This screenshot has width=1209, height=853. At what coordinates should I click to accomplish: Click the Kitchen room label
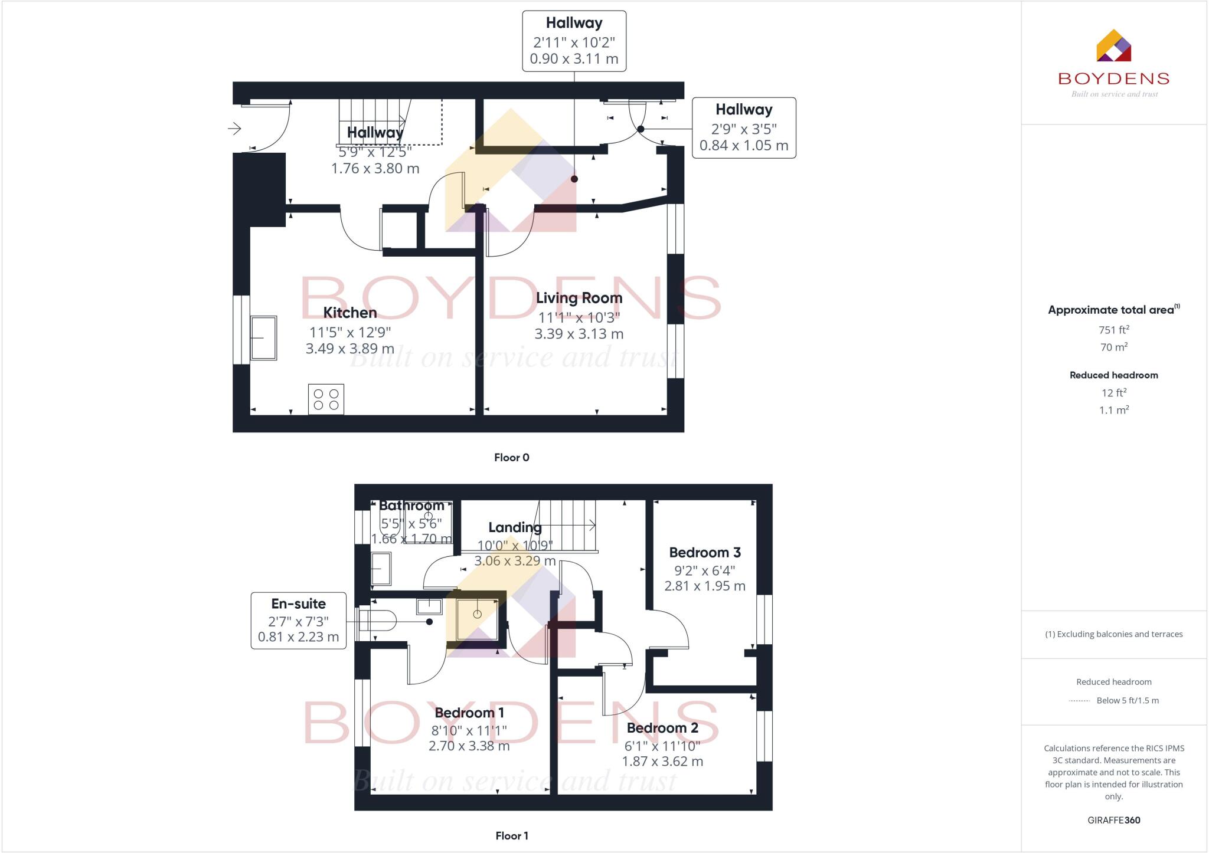(349, 313)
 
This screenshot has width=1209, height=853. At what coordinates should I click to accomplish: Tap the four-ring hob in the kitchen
(326, 399)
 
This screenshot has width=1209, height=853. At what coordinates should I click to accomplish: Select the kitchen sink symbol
(263, 338)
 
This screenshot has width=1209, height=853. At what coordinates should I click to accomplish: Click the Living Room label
(579, 298)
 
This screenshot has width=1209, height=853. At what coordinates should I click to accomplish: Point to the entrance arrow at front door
(234, 128)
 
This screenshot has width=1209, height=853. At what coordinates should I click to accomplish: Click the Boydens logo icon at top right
(1113, 46)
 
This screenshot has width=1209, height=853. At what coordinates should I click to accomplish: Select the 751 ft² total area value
(1113, 330)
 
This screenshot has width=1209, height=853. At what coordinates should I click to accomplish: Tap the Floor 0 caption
(511, 457)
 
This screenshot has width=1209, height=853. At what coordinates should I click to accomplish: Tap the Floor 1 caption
(511, 835)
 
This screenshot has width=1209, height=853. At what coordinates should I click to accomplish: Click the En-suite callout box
(298, 621)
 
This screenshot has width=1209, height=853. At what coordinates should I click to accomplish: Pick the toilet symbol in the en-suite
(378, 621)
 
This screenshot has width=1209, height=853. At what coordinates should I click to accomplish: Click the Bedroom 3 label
(704, 553)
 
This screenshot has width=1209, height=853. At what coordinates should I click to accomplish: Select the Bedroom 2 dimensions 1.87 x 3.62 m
(662, 762)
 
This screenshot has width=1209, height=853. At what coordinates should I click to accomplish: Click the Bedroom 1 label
(469, 713)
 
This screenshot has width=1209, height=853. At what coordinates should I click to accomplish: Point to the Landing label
(515, 527)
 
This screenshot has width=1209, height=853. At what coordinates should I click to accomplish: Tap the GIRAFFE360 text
(1113, 820)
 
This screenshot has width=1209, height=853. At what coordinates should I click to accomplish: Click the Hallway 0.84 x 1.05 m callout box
(743, 128)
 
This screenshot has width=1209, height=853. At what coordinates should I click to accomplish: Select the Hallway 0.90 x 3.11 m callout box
(574, 41)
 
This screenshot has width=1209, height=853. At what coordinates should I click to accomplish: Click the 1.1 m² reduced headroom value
(1113, 410)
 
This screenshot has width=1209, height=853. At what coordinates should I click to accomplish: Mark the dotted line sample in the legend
(1079, 701)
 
